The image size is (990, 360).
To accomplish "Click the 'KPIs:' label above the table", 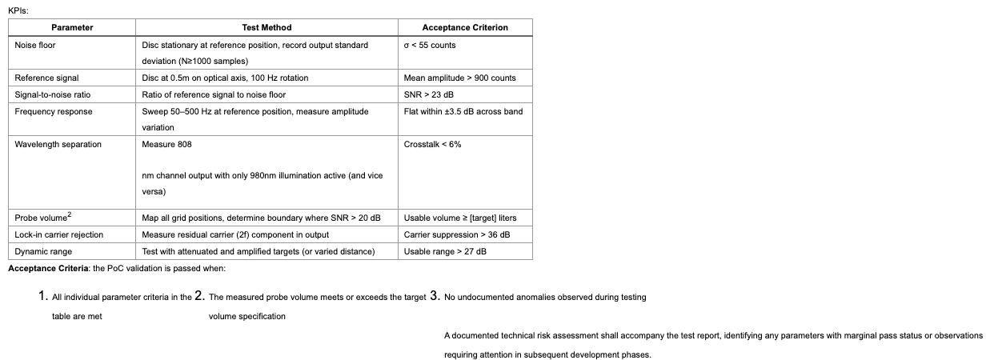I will point(18,10).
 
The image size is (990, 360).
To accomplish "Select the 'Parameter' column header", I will point(72,27).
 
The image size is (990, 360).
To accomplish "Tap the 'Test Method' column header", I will point(267,27).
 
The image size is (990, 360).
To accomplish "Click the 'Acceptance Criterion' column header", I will point(465,27).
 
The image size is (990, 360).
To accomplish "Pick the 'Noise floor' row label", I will point(35,45).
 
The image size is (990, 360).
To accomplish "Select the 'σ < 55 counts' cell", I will point(430,45).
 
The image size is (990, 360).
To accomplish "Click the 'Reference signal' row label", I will point(46,78).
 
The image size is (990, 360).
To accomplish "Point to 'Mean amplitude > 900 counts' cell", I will point(459,78).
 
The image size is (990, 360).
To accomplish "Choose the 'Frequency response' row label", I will point(53,111).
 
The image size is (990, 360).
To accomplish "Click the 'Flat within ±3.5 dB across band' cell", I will point(463,111).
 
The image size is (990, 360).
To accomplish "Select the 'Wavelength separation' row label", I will point(58,144).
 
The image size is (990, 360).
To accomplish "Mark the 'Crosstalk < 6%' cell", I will point(432,144).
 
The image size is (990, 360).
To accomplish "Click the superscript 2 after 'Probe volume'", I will point(70,214).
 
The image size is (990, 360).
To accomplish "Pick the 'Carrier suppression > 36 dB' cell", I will point(456,234).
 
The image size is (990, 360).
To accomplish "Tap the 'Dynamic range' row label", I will point(43,251).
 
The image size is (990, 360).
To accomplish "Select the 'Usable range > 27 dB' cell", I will point(445,251).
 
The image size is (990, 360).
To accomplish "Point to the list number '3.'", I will point(435,296).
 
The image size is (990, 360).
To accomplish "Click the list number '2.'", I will point(200,296).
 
